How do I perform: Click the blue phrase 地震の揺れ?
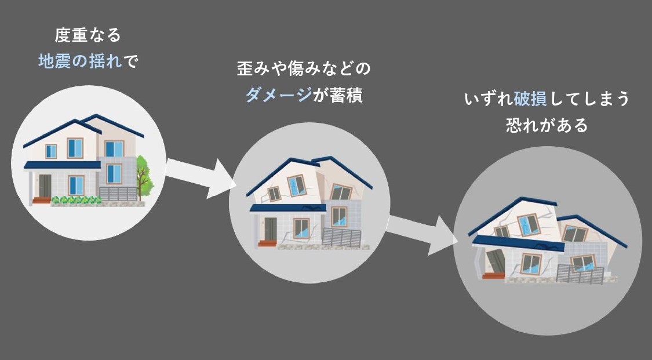(80, 61)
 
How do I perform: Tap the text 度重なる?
(88, 35)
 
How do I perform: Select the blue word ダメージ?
(278, 94)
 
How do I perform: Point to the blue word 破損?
(530, 99)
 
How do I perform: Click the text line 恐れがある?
(547, 125)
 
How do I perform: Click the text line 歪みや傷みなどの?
(304, 68)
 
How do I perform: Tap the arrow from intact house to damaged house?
(199, 177)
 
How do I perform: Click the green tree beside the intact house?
(144, 177)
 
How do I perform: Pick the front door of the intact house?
(45, 186)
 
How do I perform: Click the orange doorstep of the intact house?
(42, 201)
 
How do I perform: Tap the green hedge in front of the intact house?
(76, 200)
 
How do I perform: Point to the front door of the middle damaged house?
(271, 228)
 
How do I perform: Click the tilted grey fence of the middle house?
(342, 238)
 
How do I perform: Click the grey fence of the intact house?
(118, 194)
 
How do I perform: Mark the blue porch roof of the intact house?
(63, 165)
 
